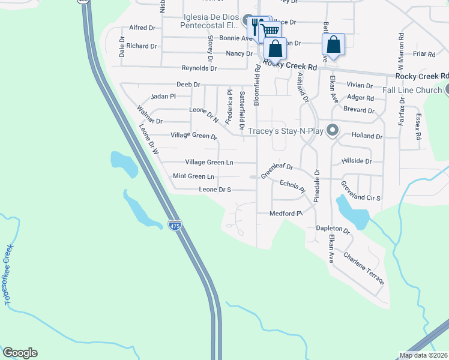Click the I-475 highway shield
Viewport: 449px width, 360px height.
(x=175, y=226)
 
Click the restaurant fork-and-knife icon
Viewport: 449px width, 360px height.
(x=256, y=26)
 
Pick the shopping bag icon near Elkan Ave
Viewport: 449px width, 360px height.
(x=333, y=44)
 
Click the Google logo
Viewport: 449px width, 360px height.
(x=20, y=353)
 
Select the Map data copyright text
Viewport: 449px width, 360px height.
(x=423, y=355)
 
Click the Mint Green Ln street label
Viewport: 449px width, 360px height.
(x=193, y=176)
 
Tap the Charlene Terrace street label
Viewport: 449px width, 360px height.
(x=364, y=268)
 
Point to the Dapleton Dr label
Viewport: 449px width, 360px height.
(x=333, y=229)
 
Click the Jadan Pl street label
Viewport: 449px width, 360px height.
(x=163, y=96)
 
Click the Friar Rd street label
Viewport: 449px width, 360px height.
(x=424, y=54)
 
